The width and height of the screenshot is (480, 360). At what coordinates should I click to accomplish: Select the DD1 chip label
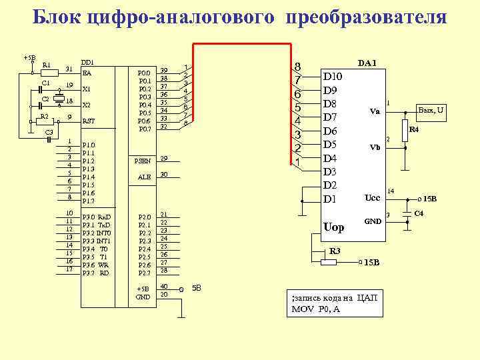point(87,62)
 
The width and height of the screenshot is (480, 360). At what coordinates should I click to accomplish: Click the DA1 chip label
point(367,63)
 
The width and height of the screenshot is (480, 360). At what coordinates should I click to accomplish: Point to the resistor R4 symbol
point(404,131)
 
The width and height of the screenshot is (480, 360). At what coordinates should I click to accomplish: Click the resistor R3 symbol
point(329,263)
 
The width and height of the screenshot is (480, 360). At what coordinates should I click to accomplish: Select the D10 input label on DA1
point(333,77)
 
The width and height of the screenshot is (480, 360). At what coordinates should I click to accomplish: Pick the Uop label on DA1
point(333,227)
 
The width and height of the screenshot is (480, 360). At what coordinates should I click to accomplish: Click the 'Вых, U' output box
point(431,109)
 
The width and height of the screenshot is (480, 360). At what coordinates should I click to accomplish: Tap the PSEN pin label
point(143,161)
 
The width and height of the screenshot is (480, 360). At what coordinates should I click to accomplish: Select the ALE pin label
point(144,177)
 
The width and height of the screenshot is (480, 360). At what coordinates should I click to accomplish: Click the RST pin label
point(89,121)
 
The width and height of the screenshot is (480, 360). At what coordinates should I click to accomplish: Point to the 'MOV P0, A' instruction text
point(321,309)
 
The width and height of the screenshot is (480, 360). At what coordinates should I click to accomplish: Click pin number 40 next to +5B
point(164,287)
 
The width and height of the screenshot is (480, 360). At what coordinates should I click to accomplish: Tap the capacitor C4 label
point(419,213)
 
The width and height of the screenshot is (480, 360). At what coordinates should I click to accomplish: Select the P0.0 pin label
point(144,72)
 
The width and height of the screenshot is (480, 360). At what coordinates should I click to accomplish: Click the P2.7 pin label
point(144,273)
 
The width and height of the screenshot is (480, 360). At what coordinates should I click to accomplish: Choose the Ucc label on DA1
point(372,198)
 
